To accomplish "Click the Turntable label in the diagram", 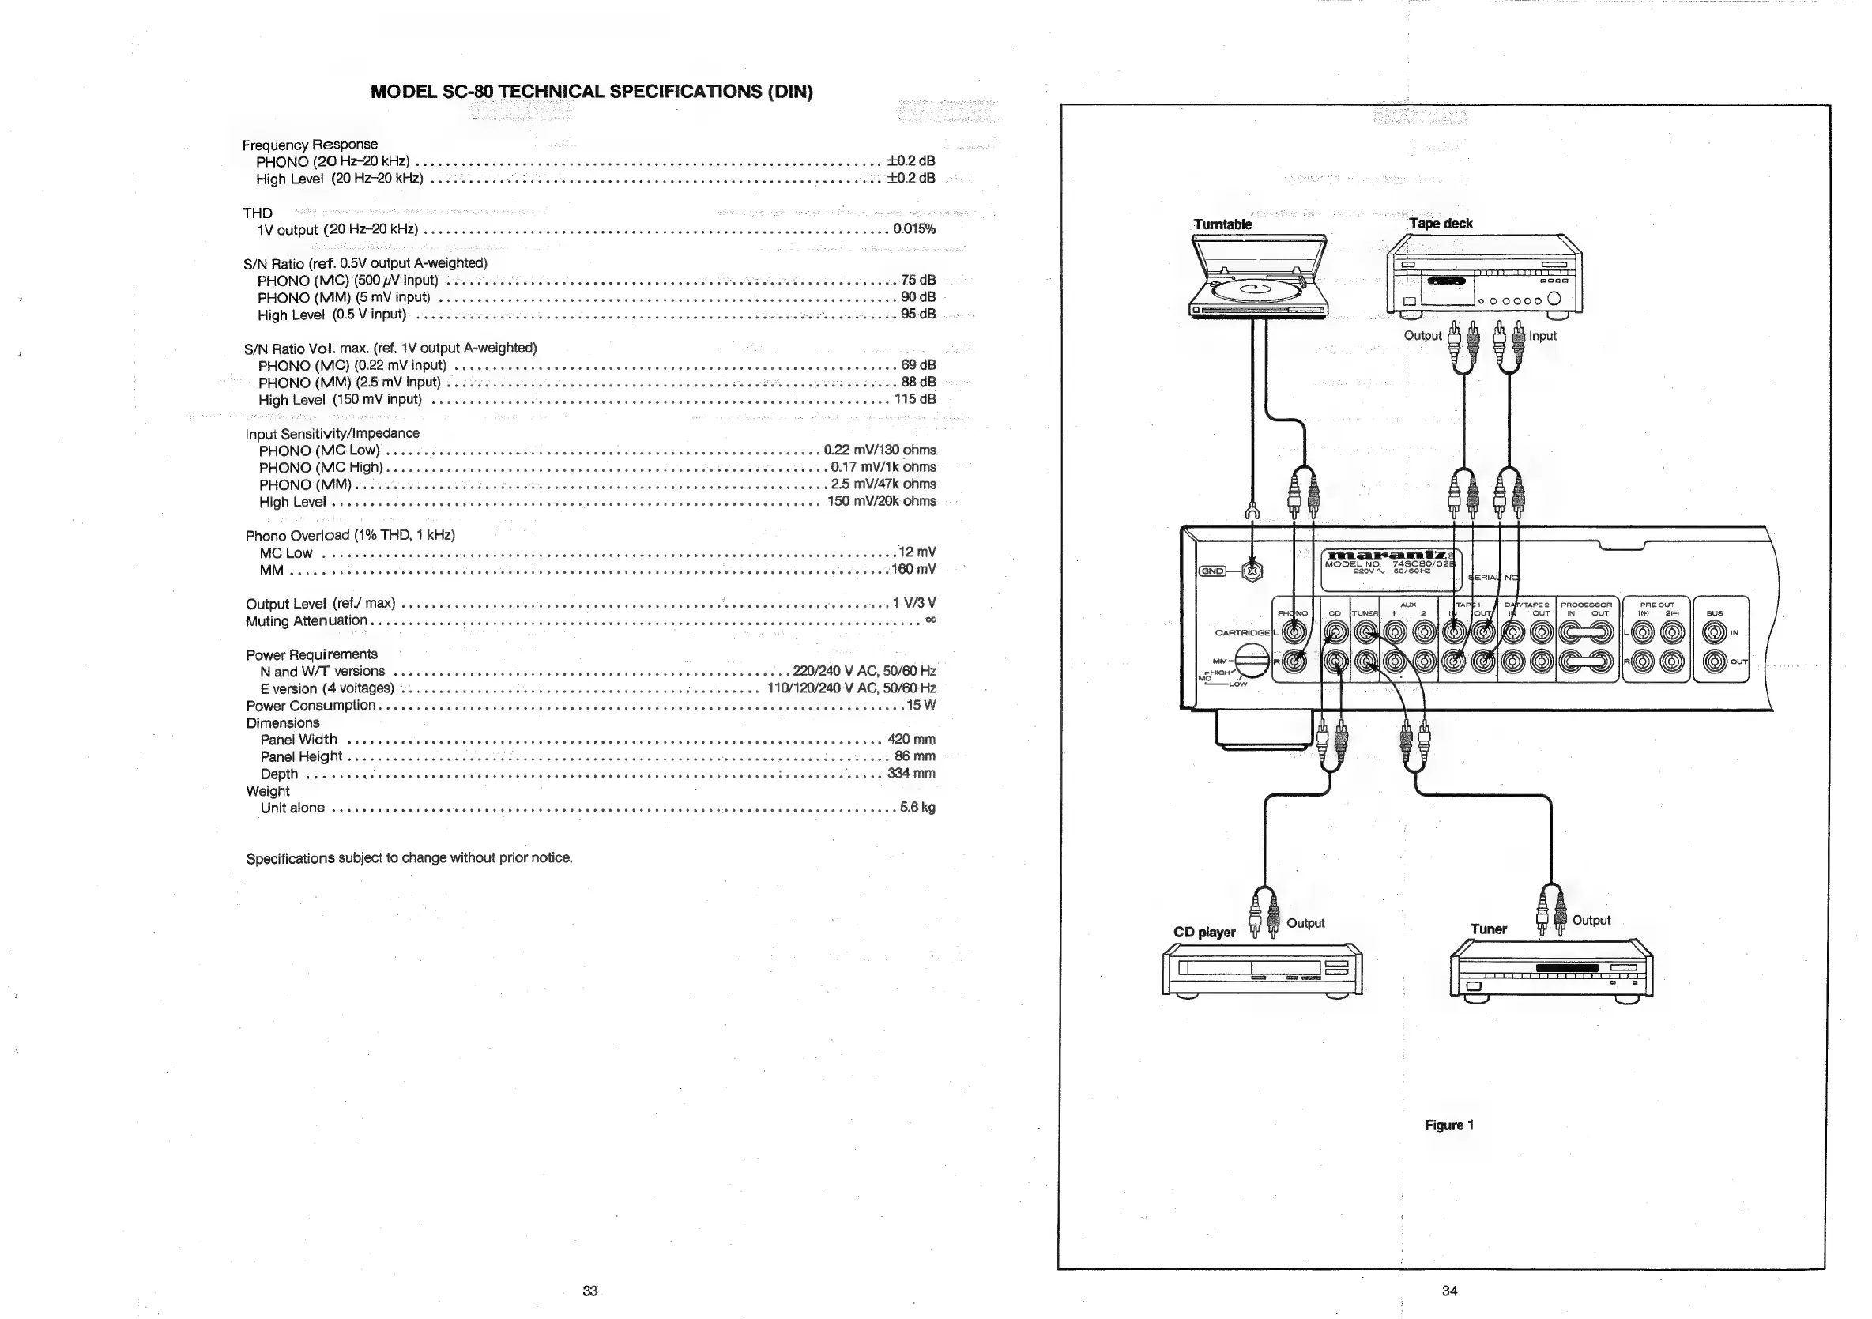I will coord(1222,224).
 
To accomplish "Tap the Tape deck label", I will coord(1441,224).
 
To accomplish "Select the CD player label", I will coord(1204,932).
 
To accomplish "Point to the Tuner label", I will coord(1488,929).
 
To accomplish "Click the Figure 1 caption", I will coord(1448,1125).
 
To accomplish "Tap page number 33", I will coord(590,1291).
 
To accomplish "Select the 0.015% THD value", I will coord(914,229).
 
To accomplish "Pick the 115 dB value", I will coord(915,398).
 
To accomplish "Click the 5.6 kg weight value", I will coord(917,807).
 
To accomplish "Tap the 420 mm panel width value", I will coord(912,740).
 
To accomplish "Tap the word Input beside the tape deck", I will coord(1542,335).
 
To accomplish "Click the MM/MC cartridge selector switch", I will coord(1252,661).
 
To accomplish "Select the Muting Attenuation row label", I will coord(307,620).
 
